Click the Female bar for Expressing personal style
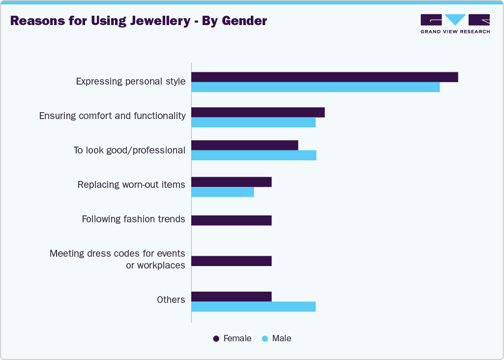coord(325,77)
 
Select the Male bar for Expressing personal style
coord(315,87)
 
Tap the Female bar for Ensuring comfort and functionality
coord(258,112)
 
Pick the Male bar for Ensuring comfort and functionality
coord(253,122)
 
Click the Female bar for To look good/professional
coord(244,145)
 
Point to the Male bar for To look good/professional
coord(254,155)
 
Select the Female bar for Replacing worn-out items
coord(231,182)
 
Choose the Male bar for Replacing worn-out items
coord(222,192)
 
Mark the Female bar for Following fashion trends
coord(231,220)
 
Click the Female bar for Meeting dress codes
coord(231,261)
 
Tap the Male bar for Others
coord(253,306)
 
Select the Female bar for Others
coord(231,297)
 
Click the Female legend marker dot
coord(216,339)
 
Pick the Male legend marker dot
coord(265,339)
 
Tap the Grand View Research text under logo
coord(455,31)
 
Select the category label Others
coord(171,300)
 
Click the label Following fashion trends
coord(133,219)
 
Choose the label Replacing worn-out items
coord(131,184)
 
